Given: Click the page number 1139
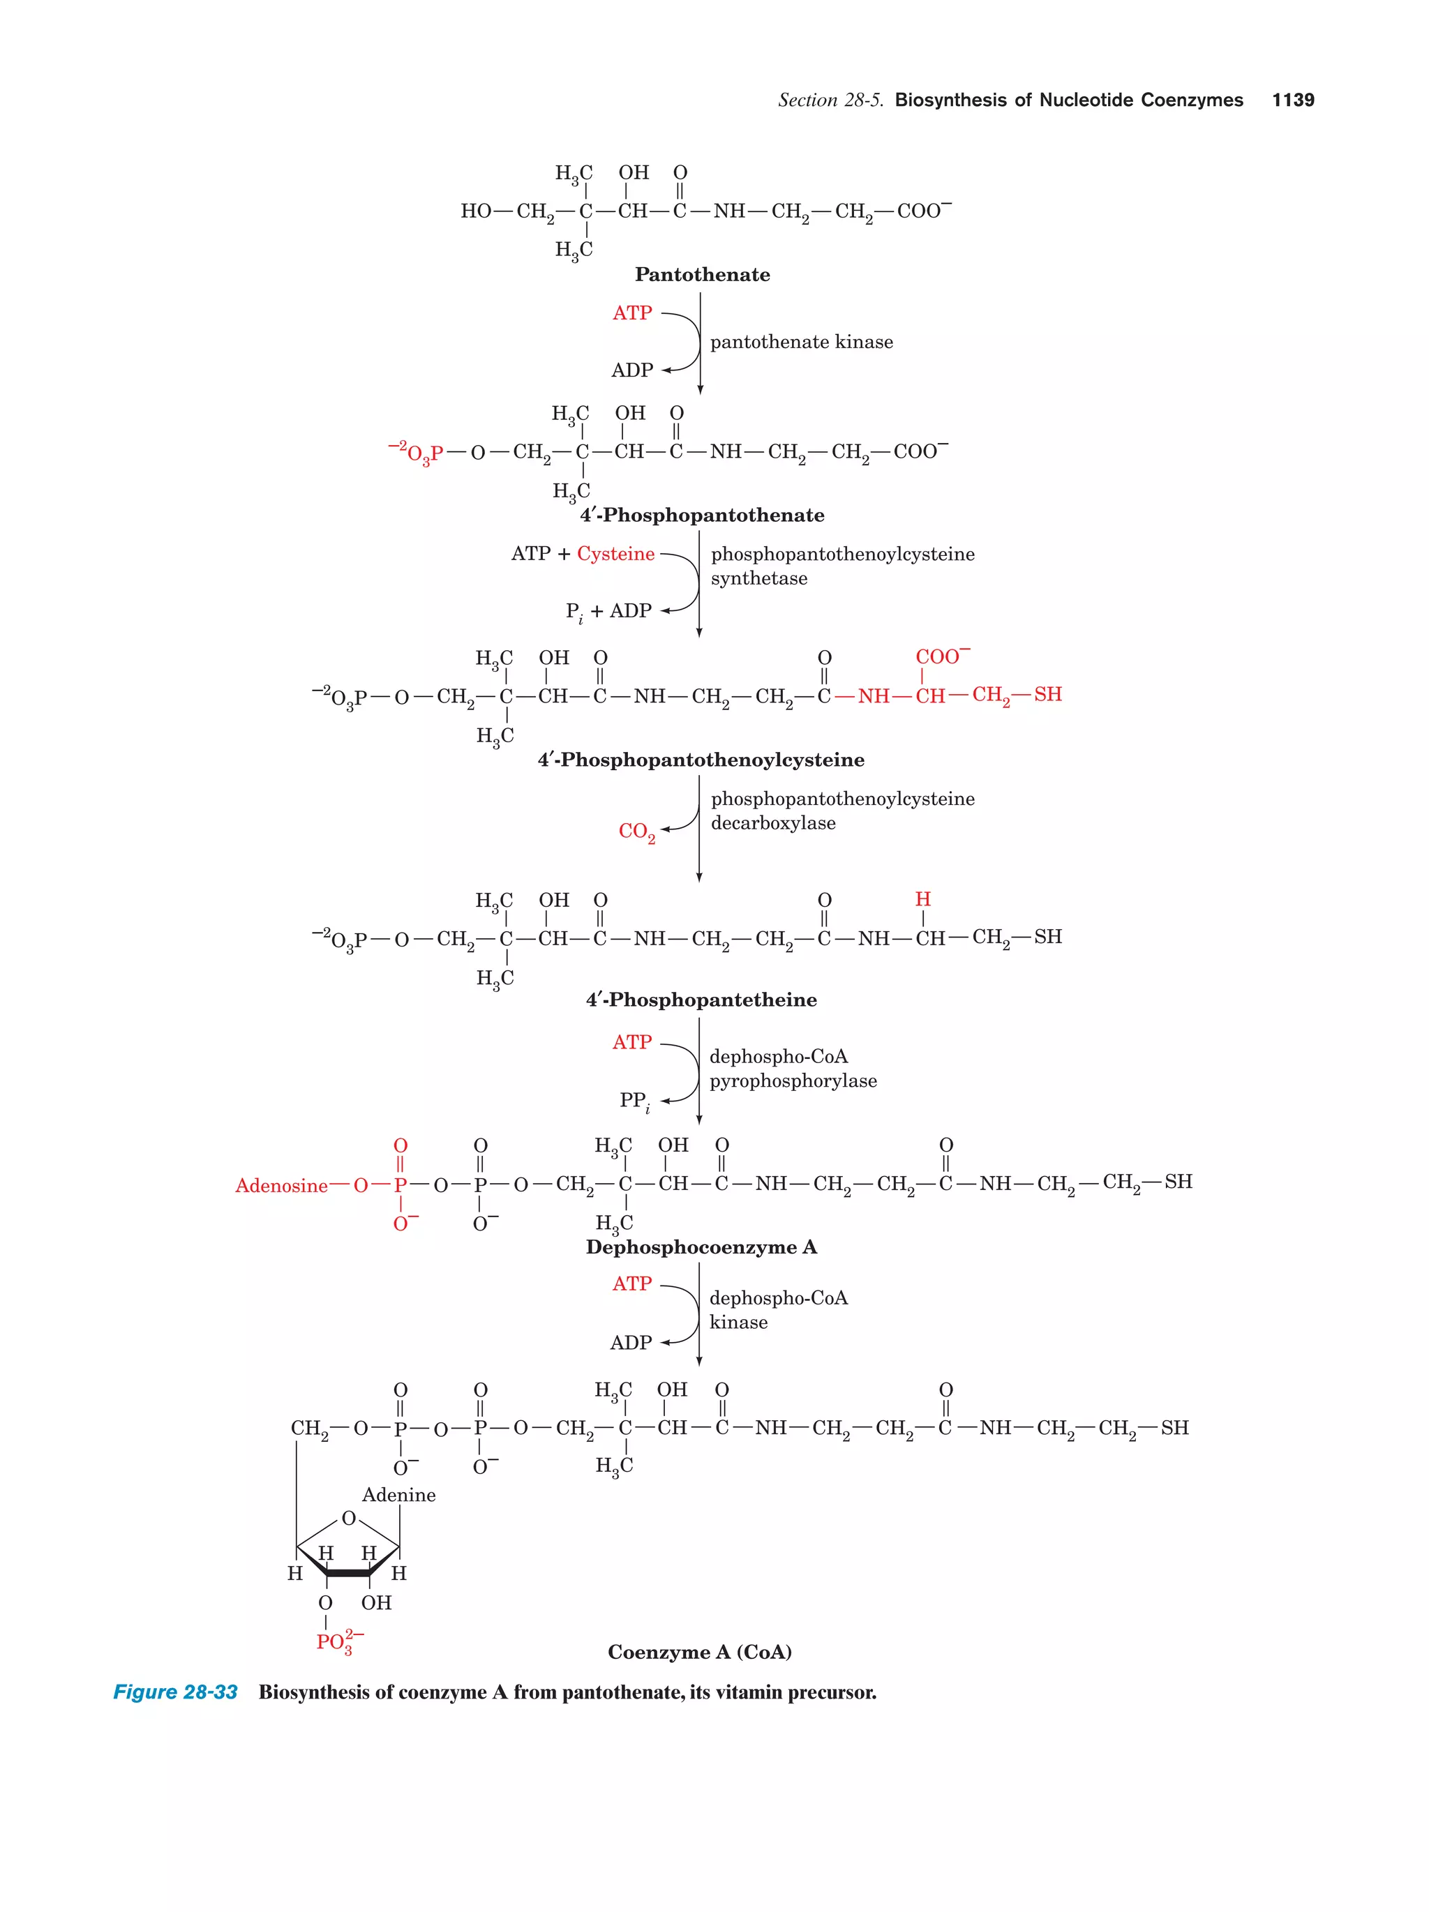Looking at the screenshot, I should (x=1292, y=100).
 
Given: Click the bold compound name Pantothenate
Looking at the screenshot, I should (x=702, y=275).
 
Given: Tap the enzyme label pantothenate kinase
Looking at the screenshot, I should (x=802, y=342).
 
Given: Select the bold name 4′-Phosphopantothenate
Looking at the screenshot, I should (x=702, y=515).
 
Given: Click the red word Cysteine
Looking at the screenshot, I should (x=615, y=553).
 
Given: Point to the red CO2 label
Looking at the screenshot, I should (x=636, y=831).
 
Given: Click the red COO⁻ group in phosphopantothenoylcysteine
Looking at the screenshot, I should (x=942, y=657).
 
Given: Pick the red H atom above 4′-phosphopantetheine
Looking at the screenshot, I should (x=922, y=900).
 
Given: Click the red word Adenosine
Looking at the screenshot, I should (x=281, y=1186).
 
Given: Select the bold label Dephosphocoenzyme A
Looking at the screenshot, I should (x=701, y=1247).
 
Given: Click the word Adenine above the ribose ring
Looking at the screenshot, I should (x=398, y=1494).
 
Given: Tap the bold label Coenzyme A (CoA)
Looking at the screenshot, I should (x=699, y=1652).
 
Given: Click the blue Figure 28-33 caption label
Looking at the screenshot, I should (x=176, y=1692).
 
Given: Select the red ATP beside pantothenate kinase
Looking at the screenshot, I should (x=632, y=313).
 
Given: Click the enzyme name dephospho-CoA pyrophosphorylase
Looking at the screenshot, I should (x=793, y=1069).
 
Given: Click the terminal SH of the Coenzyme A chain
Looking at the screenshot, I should (x=1174, y=1428).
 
